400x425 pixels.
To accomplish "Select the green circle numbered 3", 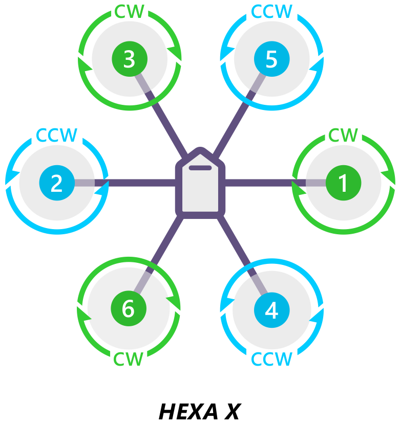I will point(130,59).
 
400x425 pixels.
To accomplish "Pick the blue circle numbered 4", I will point(271,310).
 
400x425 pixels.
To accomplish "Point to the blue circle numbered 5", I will point(271,59).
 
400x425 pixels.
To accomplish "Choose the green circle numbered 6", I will point(129,309).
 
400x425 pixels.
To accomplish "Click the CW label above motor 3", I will point(129,12).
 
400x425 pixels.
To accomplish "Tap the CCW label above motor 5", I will point(271,12).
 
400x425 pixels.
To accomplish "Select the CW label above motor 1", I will point(343,136).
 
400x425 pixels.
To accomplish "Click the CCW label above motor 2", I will point(56,136).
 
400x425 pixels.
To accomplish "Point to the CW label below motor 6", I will point(128,359).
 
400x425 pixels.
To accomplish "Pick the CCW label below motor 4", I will point(271,359).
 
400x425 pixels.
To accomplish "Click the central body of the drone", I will point(200,189).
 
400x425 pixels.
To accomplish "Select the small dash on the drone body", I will point(200,168).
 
